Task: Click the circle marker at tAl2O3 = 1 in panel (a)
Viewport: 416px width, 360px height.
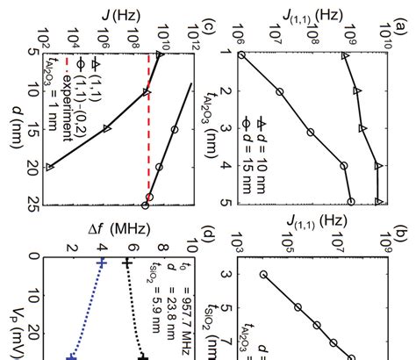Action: pos(240,54)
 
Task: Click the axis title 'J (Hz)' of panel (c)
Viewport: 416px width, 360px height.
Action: pos(115,14)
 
